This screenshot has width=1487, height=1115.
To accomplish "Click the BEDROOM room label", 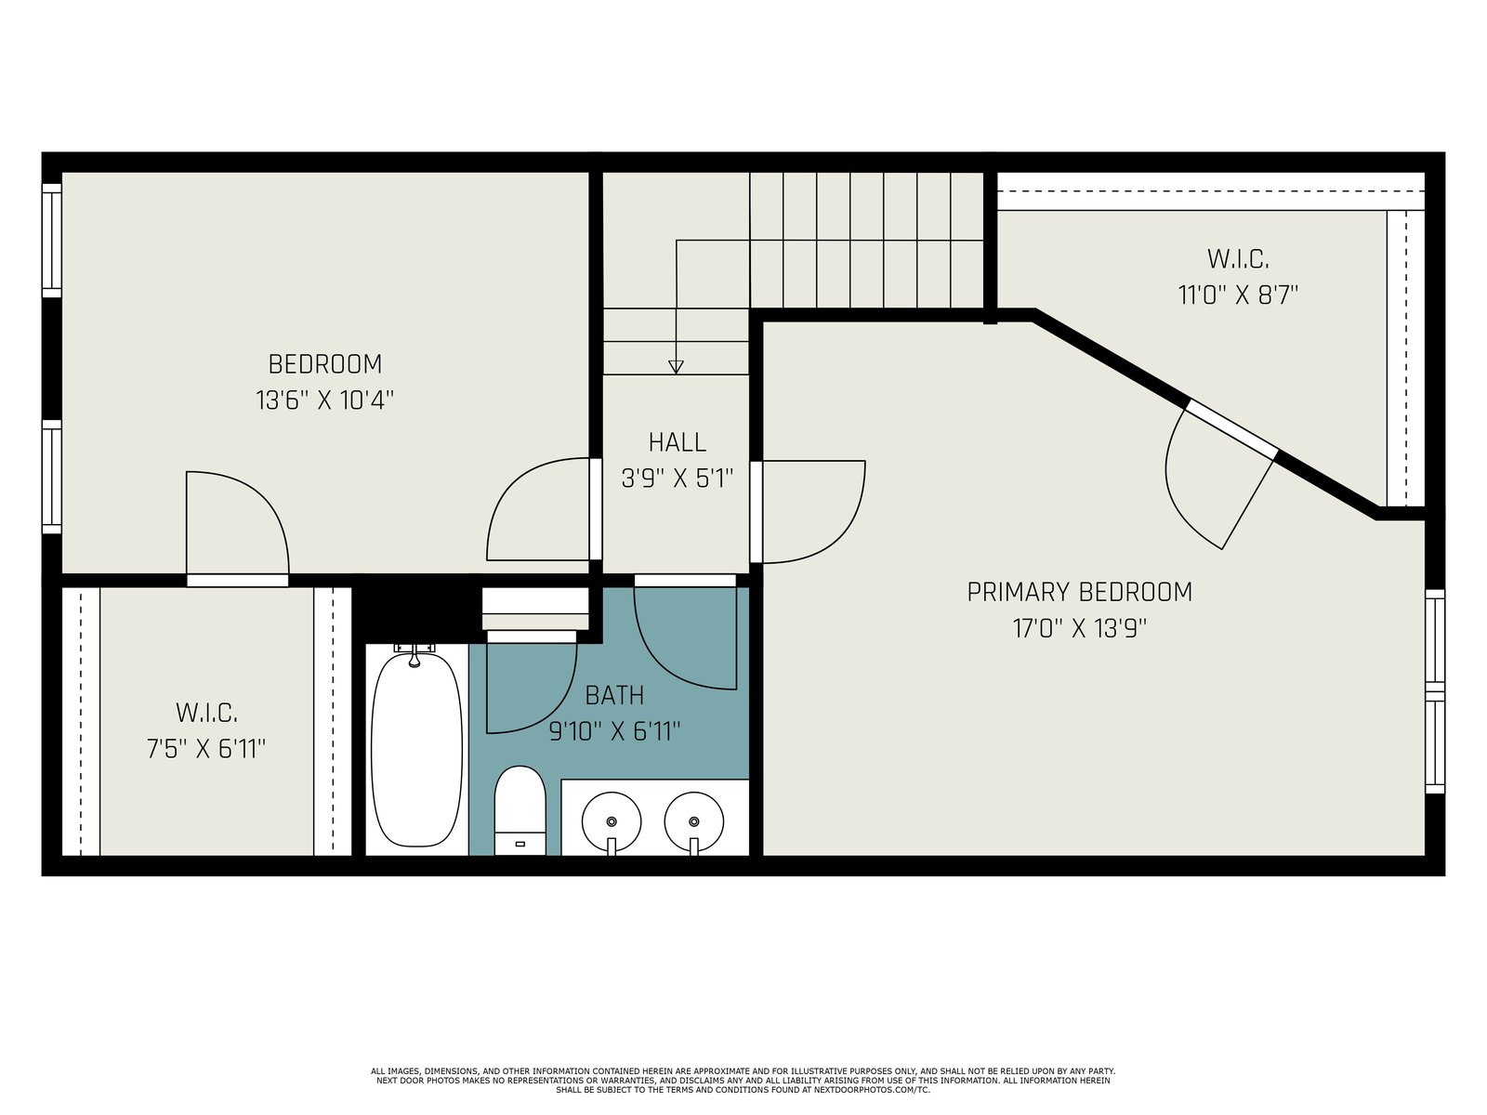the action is point(325,364).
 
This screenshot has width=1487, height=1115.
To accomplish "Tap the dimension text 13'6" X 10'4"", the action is point(325,400).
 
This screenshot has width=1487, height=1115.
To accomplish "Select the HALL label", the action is point(678,443).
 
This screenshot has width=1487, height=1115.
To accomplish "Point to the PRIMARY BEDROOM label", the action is point(1079,593).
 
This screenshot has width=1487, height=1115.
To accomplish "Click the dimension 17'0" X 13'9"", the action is point(1080,628).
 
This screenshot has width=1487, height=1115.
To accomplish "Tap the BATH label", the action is point(614,695).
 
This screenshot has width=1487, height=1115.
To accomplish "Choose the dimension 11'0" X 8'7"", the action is point(1238,295).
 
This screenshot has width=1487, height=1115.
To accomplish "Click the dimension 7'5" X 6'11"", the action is point(206,749).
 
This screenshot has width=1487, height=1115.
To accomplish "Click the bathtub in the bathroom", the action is point(416,748).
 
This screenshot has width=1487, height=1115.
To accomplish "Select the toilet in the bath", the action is point(520,811).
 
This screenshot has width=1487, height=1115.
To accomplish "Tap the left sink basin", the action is point(611,822).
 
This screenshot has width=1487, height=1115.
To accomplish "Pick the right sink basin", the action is point(693,822).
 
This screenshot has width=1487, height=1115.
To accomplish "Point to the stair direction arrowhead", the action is point(676,367).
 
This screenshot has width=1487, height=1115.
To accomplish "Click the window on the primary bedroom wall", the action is point(1435,691).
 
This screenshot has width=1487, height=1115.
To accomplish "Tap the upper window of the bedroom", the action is point(52,241).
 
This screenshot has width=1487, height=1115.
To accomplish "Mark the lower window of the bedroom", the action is point(52,477).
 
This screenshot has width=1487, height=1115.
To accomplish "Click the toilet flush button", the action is point(520,845).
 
